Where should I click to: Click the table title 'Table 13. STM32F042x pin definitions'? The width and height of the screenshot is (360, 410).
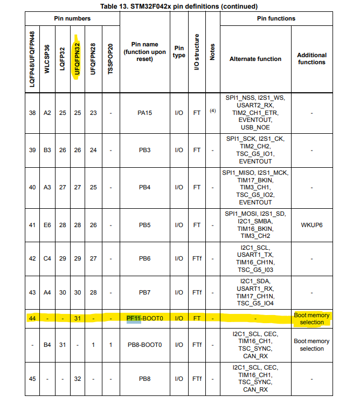point(179,6)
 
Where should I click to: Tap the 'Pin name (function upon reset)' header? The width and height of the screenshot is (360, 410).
point(144,52)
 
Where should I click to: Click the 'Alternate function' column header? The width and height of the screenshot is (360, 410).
point(255,59)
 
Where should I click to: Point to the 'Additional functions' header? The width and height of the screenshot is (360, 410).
point(311,58)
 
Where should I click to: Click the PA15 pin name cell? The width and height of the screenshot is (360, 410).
point(144,113)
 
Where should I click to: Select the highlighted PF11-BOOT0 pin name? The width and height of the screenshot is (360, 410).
point(144,318)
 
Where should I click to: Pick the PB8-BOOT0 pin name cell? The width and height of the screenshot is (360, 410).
point(144,345)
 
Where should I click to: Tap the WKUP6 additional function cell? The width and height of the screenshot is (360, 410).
point(311,224)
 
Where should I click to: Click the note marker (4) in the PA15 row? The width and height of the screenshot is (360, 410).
point(212,110)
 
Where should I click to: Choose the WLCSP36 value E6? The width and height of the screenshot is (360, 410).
point(47,224)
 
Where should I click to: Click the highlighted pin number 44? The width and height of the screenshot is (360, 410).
point(32,318)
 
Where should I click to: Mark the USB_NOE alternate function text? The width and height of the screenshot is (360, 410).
point(255,127)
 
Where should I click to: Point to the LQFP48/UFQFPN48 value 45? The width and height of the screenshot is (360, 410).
point(32,378)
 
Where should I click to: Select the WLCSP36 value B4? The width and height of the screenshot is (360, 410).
point(47,345)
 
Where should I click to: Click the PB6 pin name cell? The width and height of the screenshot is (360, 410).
point(144,258)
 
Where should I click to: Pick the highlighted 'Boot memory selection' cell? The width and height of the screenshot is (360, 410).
point(311,318)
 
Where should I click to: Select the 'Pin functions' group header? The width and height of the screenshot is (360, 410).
point(276,18)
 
